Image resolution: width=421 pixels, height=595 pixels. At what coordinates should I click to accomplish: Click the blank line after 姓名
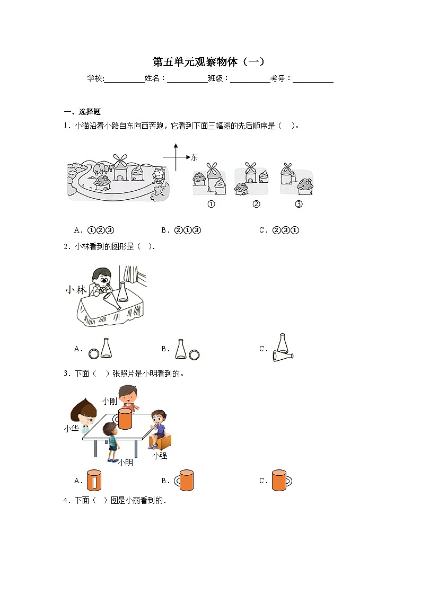(187, 79)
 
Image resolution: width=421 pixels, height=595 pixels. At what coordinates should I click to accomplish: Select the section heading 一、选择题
(82, 112)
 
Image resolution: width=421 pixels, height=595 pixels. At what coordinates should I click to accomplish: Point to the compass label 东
(194, 157)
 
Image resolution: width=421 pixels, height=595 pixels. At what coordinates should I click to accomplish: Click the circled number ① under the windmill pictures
(211, 205)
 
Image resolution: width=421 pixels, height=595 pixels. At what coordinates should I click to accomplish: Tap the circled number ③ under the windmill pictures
(299, 205)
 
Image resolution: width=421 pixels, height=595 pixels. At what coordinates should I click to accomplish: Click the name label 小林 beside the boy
(75, 290)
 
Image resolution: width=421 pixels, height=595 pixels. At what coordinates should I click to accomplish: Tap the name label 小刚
(110, 401)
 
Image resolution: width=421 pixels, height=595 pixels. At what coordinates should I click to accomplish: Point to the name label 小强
(160, 456)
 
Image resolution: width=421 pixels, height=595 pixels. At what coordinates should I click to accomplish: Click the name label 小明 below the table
(126, 463)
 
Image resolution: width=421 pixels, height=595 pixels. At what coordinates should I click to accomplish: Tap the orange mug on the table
(125, 418)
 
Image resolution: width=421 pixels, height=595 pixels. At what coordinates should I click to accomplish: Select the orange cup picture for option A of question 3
(94, 480)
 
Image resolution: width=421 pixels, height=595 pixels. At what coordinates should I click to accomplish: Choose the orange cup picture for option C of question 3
(280, 480)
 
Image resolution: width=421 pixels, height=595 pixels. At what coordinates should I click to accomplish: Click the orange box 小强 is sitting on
(164, 441)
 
